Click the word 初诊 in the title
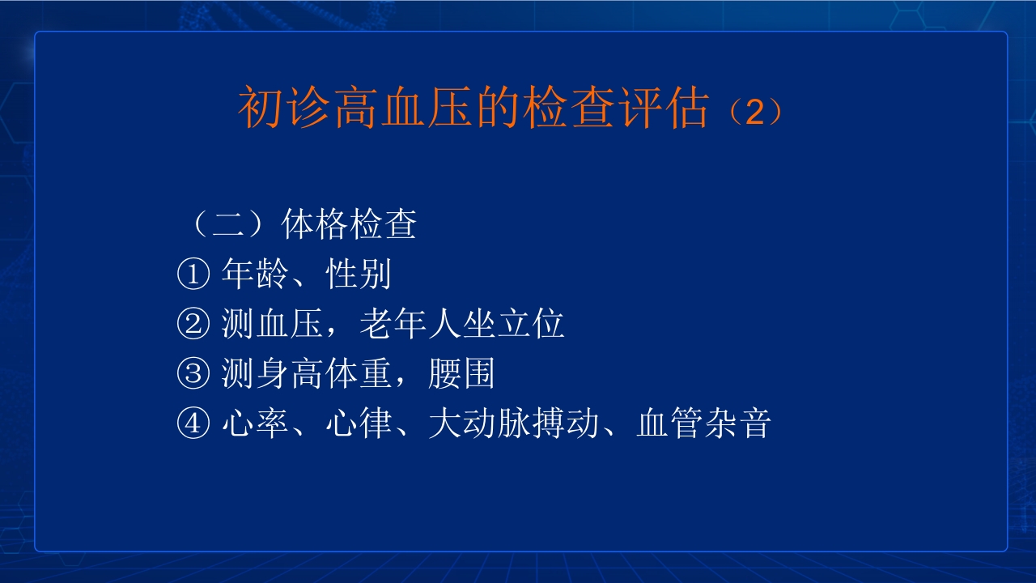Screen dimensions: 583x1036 (x=284, y=109)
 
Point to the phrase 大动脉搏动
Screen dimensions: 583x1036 (x=513, y=424)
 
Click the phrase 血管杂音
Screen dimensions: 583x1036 (x=703, y=424)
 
